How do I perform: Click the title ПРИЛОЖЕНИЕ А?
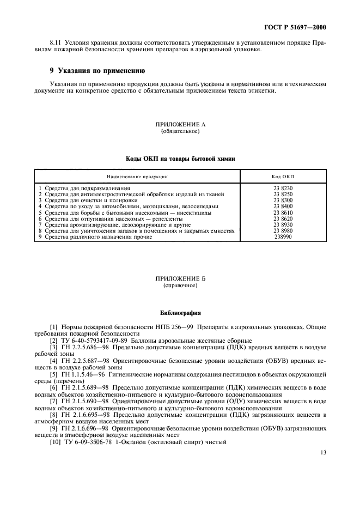point(180,125)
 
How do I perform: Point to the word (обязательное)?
point(180,131)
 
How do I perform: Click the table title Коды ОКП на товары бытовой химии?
point(180,158)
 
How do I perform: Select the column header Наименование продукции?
point(137,177)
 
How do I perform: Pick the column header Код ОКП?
point(283,177)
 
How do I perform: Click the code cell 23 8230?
point(283,188)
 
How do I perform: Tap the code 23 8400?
point(283,207)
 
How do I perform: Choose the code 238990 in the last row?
point(283,237)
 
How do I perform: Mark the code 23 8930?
point(283,224)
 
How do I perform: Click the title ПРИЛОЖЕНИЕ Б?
point(180,278)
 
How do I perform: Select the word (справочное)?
point(180,285)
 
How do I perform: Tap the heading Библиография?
point(180,313)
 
